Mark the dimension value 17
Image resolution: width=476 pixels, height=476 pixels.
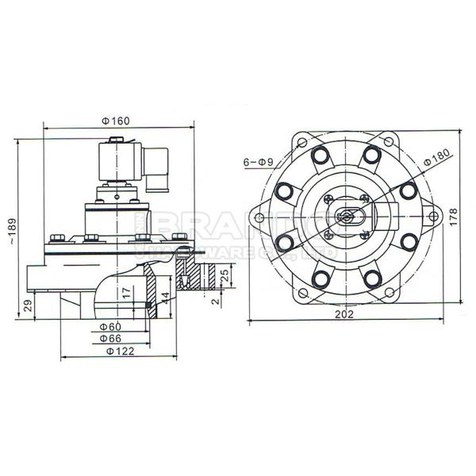point(126,293)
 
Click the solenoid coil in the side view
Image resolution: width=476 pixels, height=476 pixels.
point(116,163)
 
